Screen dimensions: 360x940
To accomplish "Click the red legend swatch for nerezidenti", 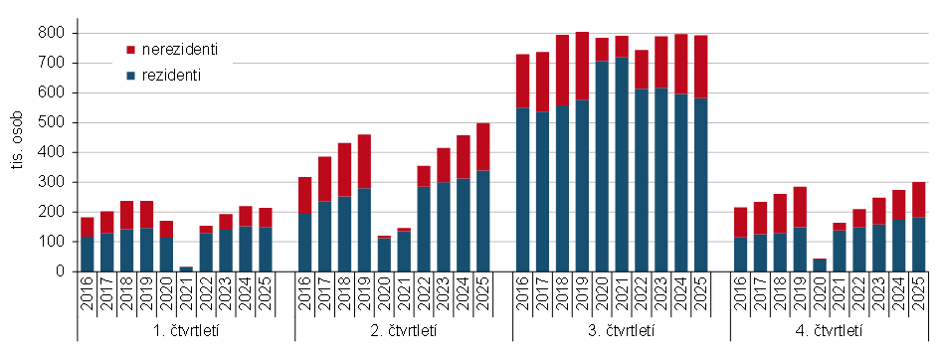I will pyautogui.click(x=131, y=50).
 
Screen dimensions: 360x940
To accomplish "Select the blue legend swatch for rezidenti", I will pyautogui.click(x=131, y=76).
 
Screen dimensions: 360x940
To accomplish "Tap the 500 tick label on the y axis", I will pyautogui.click(x=53, y=122).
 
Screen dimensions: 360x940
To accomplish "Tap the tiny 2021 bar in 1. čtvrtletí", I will pyautogui.click(x=186, y=269).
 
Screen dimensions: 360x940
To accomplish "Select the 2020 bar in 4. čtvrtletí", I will pyautogui.click(x=820, y=265).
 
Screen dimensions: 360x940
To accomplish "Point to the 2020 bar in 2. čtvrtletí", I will pyautogui.click(x=384, y=254).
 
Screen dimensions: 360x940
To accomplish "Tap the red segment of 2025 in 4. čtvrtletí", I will pyautogui.click(x=918, y=199).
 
